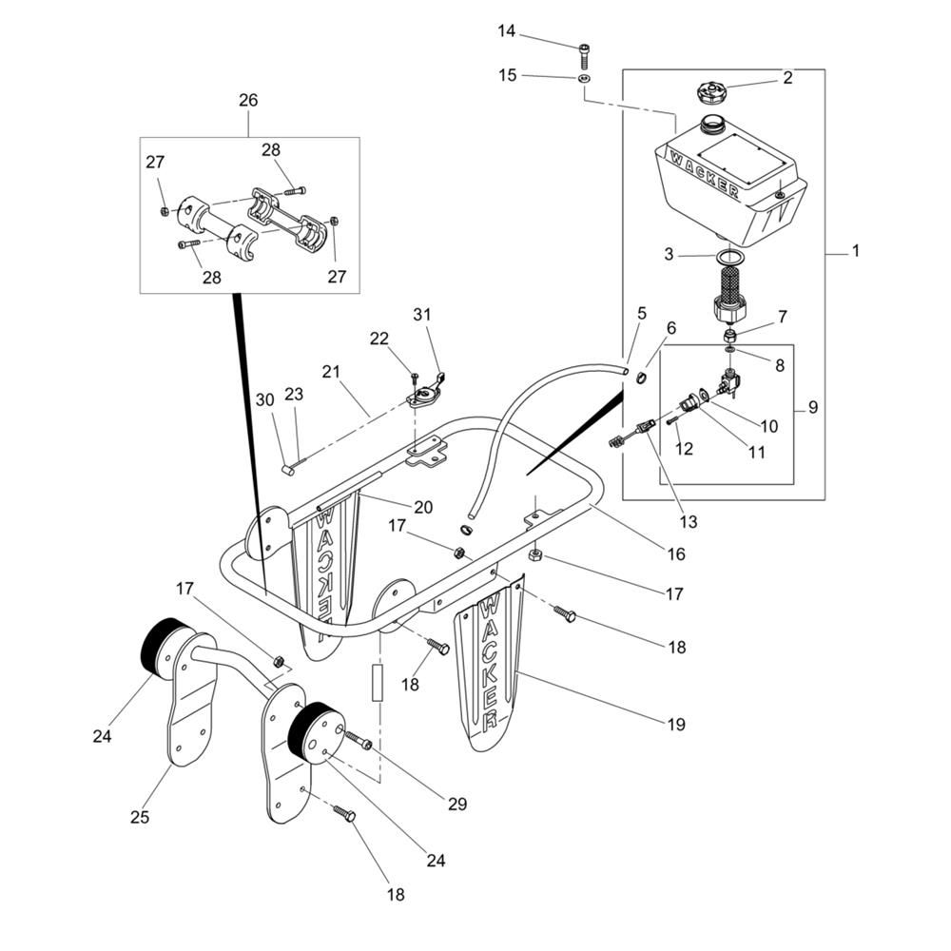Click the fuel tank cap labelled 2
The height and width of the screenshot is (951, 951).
tap(712, 93)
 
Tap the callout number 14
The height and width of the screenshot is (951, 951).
tap(507, 31)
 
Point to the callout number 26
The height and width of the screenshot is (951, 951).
tap(248, 100)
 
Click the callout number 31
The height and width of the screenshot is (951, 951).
tap(422, 315)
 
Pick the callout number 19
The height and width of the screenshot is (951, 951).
tap(675, 724)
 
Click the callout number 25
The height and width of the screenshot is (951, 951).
tap(140, 817)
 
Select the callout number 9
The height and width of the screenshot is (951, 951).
tap(812, 407)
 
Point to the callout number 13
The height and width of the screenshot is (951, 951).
tap(688, 521)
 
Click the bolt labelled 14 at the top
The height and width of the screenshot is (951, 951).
tap(583, 49)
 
